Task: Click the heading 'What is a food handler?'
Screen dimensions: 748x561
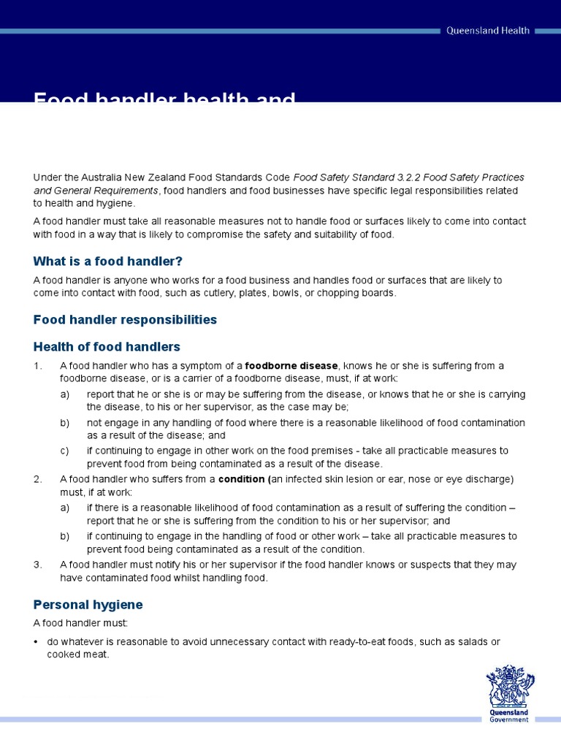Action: click(107, 261)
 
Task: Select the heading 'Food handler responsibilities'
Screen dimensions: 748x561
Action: click(125, 319)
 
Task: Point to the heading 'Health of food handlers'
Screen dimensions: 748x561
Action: click(107, 346)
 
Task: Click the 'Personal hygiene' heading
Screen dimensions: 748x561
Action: click(88, 605)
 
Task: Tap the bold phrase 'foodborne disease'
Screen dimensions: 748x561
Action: click(291, 365)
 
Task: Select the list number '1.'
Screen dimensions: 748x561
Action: click(38, 366)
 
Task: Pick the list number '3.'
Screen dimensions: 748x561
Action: click(38, 565)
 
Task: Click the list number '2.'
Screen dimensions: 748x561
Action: click(38, 479)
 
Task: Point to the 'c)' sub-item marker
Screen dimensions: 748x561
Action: click(65, 451)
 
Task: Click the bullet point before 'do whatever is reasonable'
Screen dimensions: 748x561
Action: click(37, 642)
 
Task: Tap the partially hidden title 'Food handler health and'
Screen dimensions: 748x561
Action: click(164, 98)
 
